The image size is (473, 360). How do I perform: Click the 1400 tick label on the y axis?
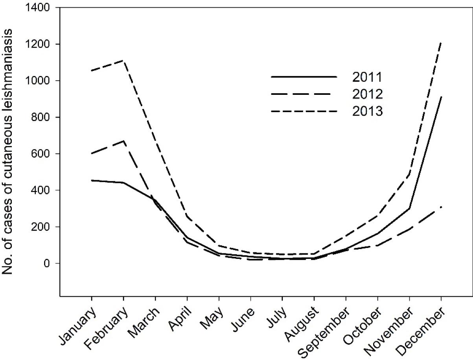pos(38,8)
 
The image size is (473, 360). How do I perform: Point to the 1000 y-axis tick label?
pos(38,81)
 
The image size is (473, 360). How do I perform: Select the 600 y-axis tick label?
pos(40,154)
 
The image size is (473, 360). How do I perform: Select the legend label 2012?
pos(367,94)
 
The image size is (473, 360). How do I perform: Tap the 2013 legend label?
pos(367,112)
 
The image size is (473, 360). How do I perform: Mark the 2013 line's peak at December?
pos(441,42)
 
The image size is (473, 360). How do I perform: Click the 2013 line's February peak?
pos(124,61)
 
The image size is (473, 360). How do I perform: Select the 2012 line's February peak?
pos(124,141)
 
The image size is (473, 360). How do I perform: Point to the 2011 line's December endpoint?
pos(441,96)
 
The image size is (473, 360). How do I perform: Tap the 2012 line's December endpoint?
pos(441,207)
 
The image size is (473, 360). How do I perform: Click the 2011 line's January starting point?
pos(92,181)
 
